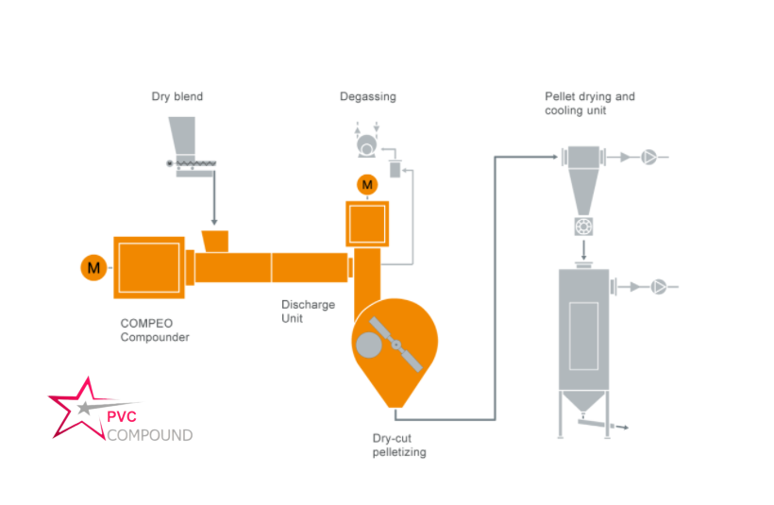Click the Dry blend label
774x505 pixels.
[x=177, y=96]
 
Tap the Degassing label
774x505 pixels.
[x=367, y=96]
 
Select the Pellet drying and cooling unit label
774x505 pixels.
[x=589, y=103]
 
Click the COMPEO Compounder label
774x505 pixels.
[x=155, y=329]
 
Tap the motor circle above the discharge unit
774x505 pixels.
[x=366, y=183]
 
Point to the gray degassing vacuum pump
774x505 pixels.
[x=364, y=146]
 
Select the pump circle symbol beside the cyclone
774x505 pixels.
[x=649, y=158]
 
